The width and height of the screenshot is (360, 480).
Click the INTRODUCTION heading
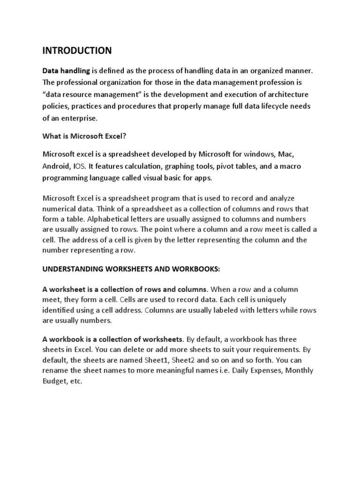pyautogui.click(x=77, y=50)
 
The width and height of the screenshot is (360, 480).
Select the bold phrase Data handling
pyautogui.click(x=66, y=71)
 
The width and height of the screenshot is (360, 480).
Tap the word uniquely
pyautogui.click(x=259, y=300)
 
